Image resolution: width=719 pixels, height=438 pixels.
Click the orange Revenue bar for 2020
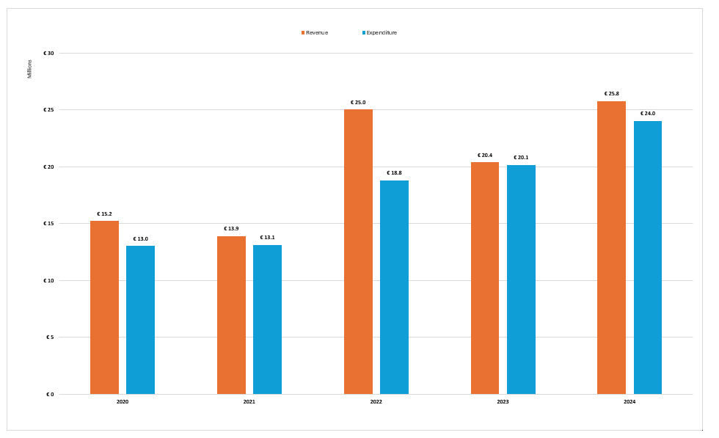[104, 307]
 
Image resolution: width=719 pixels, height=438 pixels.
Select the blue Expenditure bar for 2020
[140, 320]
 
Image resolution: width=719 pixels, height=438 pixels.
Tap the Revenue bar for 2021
[231, 315]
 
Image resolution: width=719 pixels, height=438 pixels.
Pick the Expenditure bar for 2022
[394, 287]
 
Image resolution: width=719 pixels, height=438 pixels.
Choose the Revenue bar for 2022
[358, 252]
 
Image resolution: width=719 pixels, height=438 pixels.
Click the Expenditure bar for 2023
[521, 280]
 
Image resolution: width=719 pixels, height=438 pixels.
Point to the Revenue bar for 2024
[611, 247]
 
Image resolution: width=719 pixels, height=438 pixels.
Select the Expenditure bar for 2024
[648, 258]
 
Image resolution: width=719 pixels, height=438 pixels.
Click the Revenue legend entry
[316, 32]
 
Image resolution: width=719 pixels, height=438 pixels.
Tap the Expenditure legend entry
[381, 32]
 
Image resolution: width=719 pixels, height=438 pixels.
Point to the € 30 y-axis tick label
[48, 53]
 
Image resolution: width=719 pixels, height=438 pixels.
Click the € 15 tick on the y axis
[48, 224]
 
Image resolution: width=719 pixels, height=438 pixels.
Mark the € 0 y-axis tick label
[50, 394]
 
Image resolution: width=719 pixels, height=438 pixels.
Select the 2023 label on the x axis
[503, 402]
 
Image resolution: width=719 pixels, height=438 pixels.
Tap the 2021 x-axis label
[249, 402]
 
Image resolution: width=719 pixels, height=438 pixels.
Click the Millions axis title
[30, 69]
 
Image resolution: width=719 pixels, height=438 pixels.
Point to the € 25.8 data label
[611, 94]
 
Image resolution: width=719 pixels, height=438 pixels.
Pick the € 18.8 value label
[394, 173]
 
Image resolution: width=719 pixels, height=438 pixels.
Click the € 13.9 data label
[231, 229]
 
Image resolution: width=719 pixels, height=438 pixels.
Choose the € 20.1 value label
[521, 158]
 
